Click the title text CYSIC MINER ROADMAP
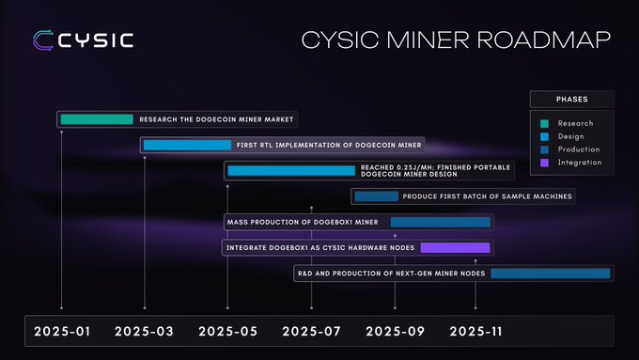(455, 40)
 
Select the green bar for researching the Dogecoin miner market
(97, 119)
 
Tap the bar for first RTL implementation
(187, 145)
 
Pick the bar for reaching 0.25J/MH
(290, 170)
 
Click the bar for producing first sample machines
(376, 196)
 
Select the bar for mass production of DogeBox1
(440, 222)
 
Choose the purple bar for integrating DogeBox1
(455, 247)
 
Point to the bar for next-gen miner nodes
(550, 273)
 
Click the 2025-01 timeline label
(61, 331)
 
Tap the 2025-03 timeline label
(144, 331)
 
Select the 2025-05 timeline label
(227, 331)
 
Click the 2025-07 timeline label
(311, 331)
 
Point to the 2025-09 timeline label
(395, 331)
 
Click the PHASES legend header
(572, 99)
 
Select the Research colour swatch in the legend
(544, 123)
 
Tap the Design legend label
(572, 136)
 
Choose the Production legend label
(578, 149)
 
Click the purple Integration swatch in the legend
(544, 163)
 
